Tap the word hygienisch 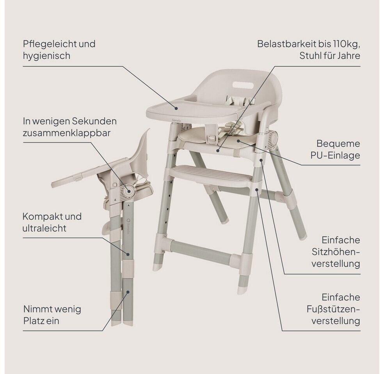click(46, 56)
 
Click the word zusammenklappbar click(67, 133)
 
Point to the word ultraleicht click(44, 228)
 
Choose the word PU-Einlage click(335, 155)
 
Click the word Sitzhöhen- click(336, 252)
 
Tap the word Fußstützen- click(333, 309)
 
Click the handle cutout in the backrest click(243, 85)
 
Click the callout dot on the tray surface click(176, 107)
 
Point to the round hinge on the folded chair click(129, 191)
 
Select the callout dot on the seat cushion click(238, 140)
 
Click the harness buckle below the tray click(212, 138)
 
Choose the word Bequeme click(338, 144)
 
